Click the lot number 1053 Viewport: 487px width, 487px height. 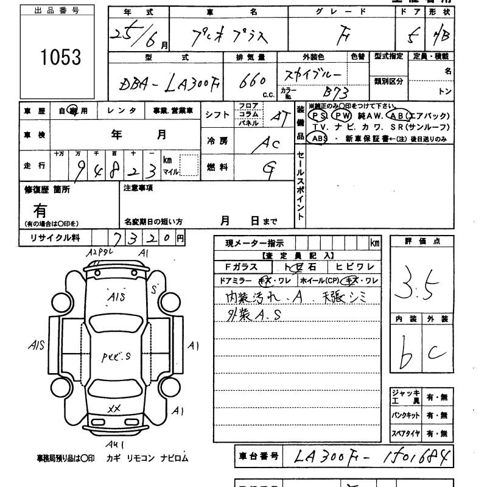[60, 57]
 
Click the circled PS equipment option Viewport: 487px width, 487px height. [318, 116]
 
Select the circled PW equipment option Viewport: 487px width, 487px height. [343, 116]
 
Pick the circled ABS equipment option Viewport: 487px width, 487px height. [319, 139]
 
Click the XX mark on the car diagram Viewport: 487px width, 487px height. [114, 408]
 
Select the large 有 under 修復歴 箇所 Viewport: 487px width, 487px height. [40, 211]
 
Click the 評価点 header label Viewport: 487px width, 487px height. [422, 241]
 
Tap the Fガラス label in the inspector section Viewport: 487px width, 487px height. [242, 267]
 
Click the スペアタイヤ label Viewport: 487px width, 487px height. [406, 433]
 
